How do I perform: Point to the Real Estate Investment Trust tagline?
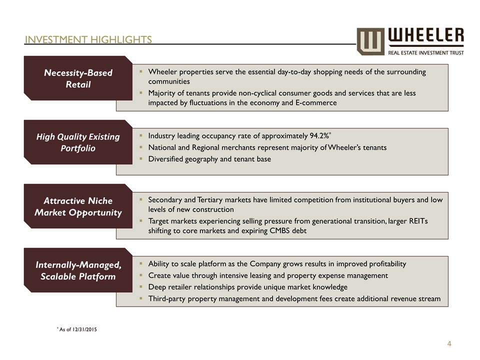coord(426,51)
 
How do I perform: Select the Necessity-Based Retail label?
coord(78,78)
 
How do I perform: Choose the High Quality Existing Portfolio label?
coord(78,142)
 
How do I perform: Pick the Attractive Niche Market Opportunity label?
coord(78,206)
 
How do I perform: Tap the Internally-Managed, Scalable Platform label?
coord(78,270)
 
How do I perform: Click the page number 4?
coord(449,343)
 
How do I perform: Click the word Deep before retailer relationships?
coord(157,287)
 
